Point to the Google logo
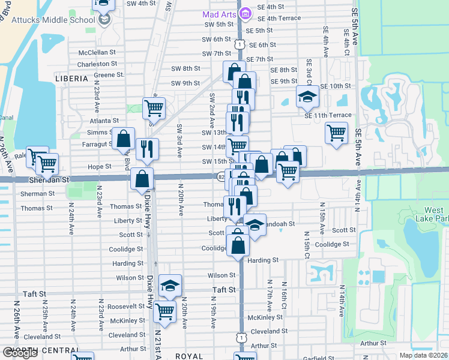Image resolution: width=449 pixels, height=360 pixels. click(x=20, y=353)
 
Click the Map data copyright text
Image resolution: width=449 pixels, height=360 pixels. click(x=423, y=355)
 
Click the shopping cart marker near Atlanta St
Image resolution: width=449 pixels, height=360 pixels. click(x=154, y=108)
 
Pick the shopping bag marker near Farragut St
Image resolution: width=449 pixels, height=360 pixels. click(x=123, y=139)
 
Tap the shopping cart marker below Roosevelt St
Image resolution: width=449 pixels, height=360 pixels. click(x=164, y=311)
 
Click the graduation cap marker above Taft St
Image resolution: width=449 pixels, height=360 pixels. click(x=170, y=286)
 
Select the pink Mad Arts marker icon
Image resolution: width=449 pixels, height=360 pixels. click(x=244, y=13)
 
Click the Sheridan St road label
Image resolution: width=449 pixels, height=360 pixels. click(x=49, y=179)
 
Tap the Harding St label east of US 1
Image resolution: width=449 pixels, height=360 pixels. click(x=264, y=260)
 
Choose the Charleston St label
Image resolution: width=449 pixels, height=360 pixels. click(x=97, y=64)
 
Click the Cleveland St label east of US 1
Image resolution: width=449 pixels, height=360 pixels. click(x=265, y=331)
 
